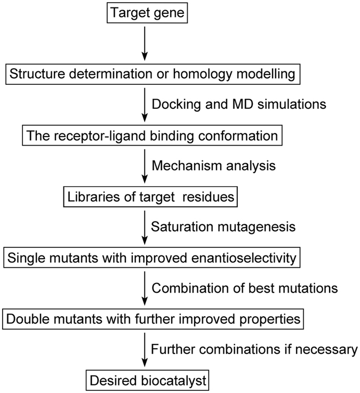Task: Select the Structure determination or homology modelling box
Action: [151, 74]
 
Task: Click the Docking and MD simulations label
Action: [238, 105]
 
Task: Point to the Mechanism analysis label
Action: [214, 166]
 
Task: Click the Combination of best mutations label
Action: [245, 288]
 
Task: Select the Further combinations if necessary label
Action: [254, 350]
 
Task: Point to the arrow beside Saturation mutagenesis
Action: [145, 227]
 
